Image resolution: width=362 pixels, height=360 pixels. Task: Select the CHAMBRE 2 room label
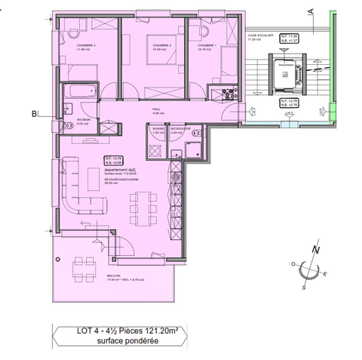coord(84,47)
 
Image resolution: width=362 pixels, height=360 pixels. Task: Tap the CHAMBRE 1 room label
coord(207,46)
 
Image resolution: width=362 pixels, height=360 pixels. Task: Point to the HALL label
coord(158,109)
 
